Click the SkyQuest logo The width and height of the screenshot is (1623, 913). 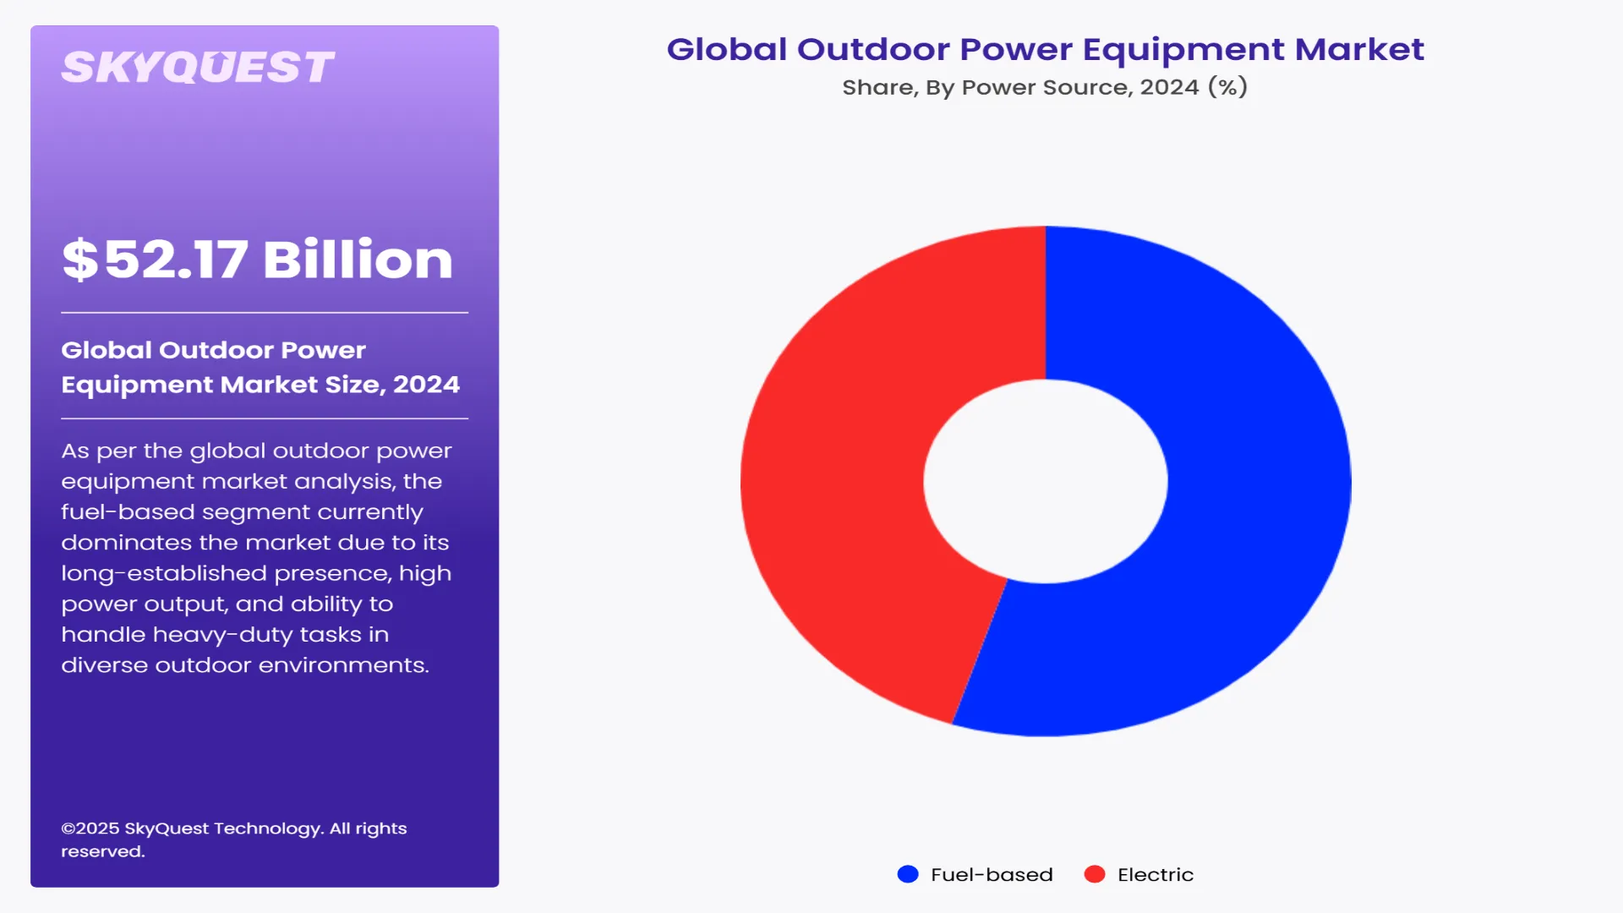point(198,68)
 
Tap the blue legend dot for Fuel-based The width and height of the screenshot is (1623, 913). point(908,874)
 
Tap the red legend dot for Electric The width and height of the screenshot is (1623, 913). point(1095,874)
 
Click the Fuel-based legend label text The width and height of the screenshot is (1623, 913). point(992,874)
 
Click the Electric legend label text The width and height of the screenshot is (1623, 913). point(1156,874)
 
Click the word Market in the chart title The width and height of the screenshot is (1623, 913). point(1359,49)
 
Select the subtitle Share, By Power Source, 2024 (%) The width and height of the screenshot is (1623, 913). point(1045,87)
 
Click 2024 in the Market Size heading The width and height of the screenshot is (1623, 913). point(426,385)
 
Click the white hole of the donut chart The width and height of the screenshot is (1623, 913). point(1046,481)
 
